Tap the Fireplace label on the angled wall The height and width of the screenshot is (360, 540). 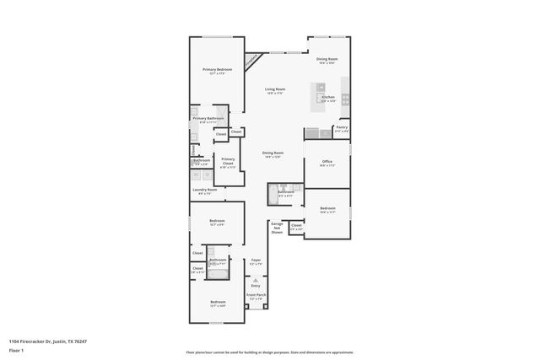tap(251, 61)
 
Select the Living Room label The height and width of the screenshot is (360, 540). tap(275, 90)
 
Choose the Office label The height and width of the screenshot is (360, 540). tap(327, 164)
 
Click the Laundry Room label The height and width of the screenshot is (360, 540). tap(204, 191)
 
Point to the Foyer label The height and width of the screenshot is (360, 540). tap(256, 261)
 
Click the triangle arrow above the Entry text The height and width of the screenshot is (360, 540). tap(256, 278)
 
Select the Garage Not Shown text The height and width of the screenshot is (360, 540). tap(276, 228)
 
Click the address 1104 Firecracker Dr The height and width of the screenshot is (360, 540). tap(47, 341)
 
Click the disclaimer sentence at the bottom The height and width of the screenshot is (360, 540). tap(270, 352)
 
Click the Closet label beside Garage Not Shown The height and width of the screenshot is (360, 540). tap(296, 226)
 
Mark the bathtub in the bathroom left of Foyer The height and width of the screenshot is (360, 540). tap(218, 272)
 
